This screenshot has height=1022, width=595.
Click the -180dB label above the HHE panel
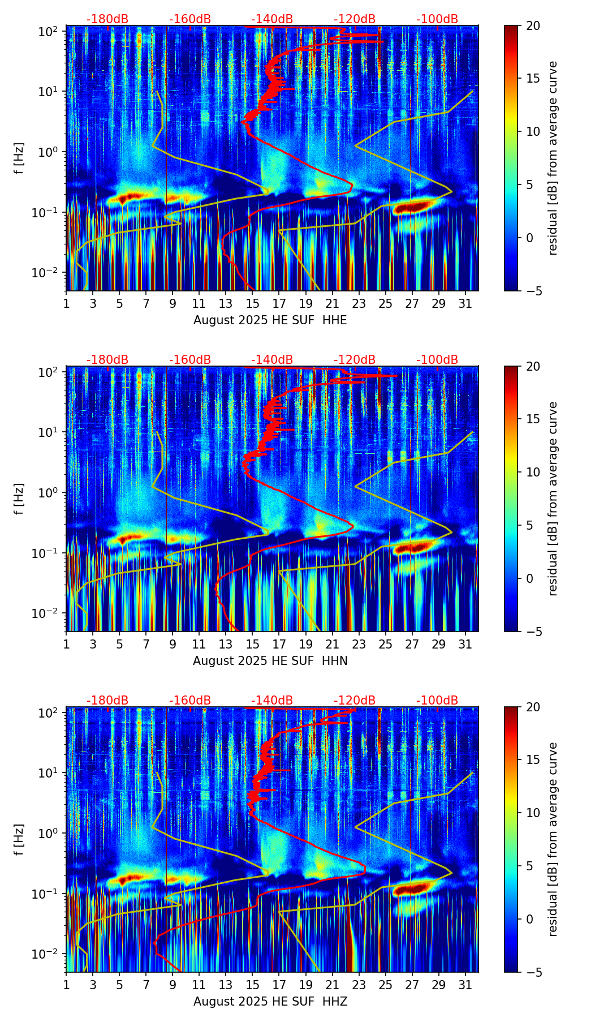tap(107, 19)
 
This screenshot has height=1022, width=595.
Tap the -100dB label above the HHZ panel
tap(437, 701)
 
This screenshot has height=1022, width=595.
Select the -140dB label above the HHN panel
tap(272, 360)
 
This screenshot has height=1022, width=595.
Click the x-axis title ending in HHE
tap(270, 320)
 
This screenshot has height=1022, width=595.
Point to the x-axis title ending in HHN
tap(270, 661)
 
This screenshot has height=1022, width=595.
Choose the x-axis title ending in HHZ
tap(270, 1002)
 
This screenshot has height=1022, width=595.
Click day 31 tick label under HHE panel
tap(465, 304)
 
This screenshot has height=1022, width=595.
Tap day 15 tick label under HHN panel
tap(252, 645)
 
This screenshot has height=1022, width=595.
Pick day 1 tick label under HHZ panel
tap(66, 985)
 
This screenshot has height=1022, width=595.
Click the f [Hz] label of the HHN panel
tap(20, 499)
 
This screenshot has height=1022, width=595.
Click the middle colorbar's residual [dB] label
tap(553, 499)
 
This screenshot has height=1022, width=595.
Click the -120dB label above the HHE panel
tap(355, 19)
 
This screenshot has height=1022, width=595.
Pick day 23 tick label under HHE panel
tap(359, 304)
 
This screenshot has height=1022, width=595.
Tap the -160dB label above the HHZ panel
tap(190, 701)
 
